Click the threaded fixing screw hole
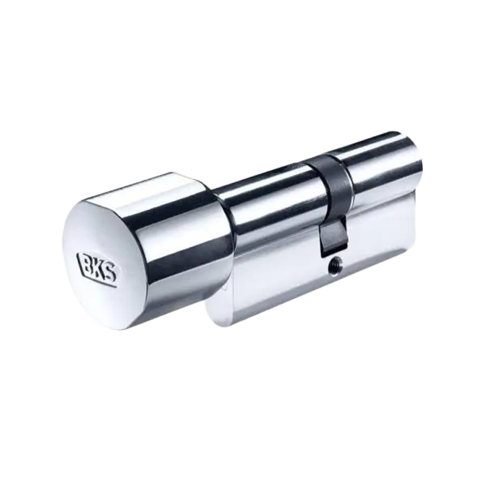pos(335,265)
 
